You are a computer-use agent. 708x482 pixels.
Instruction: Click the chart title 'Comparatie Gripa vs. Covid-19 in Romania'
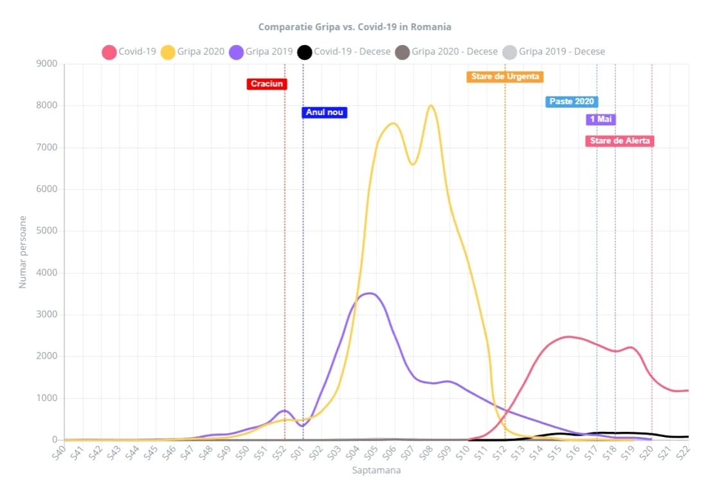pos(354,27)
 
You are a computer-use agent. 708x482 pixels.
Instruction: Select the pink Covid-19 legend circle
pos(109,52)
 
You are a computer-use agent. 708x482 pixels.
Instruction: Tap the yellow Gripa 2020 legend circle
pos(168,52)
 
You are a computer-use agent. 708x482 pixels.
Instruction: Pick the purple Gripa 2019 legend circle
pos(236,52)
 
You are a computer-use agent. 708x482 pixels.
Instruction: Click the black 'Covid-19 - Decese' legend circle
pos(305,52)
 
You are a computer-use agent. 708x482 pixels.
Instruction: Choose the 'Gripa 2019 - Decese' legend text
pos(561,51)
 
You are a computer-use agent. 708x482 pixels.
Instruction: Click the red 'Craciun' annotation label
pos(267,84)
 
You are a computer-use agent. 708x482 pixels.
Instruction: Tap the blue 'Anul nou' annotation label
pos(324,112)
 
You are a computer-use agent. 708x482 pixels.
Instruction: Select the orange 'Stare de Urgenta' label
pos(505,76)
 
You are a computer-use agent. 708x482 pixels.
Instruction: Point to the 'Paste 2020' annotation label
pos(572,102)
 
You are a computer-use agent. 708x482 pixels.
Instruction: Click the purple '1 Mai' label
pos(601,119)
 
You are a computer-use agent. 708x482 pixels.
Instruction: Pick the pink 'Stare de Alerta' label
pos(619,141)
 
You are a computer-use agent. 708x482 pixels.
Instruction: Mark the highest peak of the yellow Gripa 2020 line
pos(431,105)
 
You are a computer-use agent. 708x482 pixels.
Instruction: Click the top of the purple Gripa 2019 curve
pos(370,293)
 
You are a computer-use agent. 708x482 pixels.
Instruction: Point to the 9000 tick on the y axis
pos(47,64)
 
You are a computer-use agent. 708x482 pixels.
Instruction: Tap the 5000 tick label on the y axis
pos(47,231)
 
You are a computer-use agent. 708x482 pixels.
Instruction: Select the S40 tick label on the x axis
pos(59,453)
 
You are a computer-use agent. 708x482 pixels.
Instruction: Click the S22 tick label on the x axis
pos(683,453)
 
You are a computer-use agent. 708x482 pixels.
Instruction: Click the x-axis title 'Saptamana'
pos(376,470)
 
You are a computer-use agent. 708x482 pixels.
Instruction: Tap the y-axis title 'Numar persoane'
pos(23,252)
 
